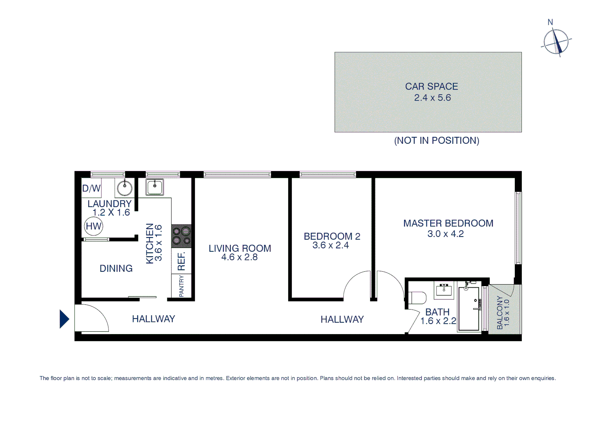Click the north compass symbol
[x=556, y=41]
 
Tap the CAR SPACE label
[x=431, y=87]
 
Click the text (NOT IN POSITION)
[x=436, y=141]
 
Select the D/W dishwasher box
[x=91, y=188]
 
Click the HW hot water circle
[x=94, y=226]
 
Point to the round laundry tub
[x=125, y=188]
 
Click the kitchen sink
[x=154, y=187]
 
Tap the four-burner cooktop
[x=181, y=236]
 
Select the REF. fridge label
[x=181, y=261]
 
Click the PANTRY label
[x=181, y=286]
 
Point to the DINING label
[x=116, y=269]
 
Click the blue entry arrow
[x=64, y=319]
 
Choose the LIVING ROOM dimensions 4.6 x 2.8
[x=239, y=257]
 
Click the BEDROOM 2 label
[x=332, y=236]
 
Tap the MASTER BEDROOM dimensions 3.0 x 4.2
[x=445, y=234]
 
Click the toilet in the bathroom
[x=417, y=298]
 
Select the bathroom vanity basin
[x=444, y=290]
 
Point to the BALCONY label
[x=500, y=313]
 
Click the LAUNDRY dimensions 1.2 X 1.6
[x=111, y=213]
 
